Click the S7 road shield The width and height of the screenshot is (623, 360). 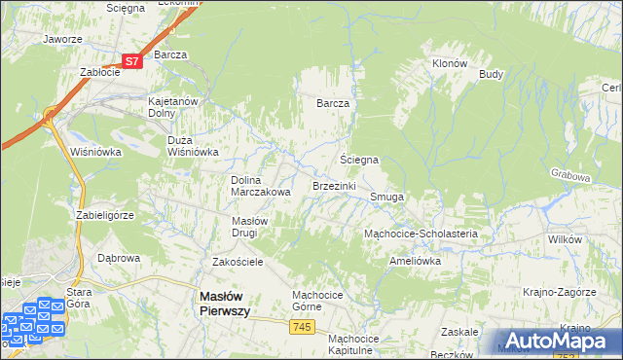click(x=134, y=60)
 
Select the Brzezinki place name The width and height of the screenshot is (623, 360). click(x=334, y=185)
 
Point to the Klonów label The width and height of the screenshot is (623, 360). click(x=450, y=63)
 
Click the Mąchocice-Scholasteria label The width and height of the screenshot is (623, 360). click(x=420, y=234)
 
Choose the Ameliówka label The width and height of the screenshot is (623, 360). click(x=415, y=261)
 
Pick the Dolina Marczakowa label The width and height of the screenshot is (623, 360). click(x=260, y=186)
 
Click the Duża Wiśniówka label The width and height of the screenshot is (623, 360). click(x=198, y=145)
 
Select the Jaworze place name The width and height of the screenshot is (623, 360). click(x=61, y=40)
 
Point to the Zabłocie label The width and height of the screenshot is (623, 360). click(x=99, y=72)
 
